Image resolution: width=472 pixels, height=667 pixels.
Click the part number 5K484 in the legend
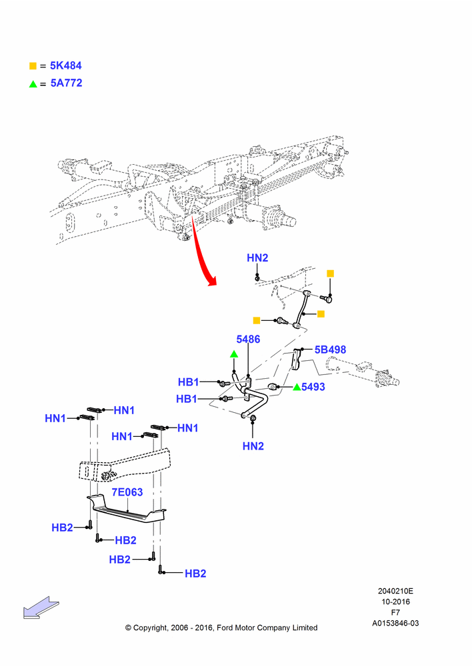pyautogui.click(x=65, y=65)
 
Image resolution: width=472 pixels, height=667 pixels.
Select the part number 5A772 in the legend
pyautogui.click(x=66, y=83)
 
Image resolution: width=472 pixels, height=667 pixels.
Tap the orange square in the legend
pyautogui.click(x=33, y=66)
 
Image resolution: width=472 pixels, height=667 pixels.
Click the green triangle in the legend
pyautogui.click(x=33, y=84)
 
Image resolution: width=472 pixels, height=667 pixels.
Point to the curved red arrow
pyautogui.click(x=201, y=251)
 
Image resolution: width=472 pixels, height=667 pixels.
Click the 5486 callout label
pyautogui.click(x=248, y=339)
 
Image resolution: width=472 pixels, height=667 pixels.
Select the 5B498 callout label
pyautogui.click(x=331, y=350)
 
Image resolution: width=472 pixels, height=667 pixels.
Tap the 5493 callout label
pyautogui.click(x=313, y=387)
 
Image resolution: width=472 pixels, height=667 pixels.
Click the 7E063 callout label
pyautogui.click(x=127, y=492)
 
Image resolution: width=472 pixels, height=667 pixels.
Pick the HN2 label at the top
pyautogui.click(x=258, y=257)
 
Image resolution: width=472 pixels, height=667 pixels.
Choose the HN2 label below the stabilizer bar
pyautogui.click(x=253, y=446)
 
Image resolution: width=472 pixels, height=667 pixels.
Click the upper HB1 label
pyautogui.click(x=189, y=382)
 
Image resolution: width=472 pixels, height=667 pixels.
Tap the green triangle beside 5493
pyautogui.click(x=297, y=387)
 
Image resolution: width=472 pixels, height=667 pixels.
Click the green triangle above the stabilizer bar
pyautogui.click(x=234, y=354)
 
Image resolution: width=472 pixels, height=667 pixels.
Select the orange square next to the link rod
pyautogui.click(x=321, y=314)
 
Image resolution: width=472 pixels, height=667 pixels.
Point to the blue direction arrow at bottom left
pyautogui.click(x=41, y=608)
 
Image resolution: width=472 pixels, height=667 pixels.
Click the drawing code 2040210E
pyautogui.click(x=395, y=591)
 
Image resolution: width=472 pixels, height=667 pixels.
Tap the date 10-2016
pyautogui.click(x=395, y=602)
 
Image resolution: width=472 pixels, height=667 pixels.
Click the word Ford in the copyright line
pyautogui.click(x=226, y=628)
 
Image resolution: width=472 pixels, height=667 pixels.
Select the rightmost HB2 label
pyautogui.click(x=195, y=574)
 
